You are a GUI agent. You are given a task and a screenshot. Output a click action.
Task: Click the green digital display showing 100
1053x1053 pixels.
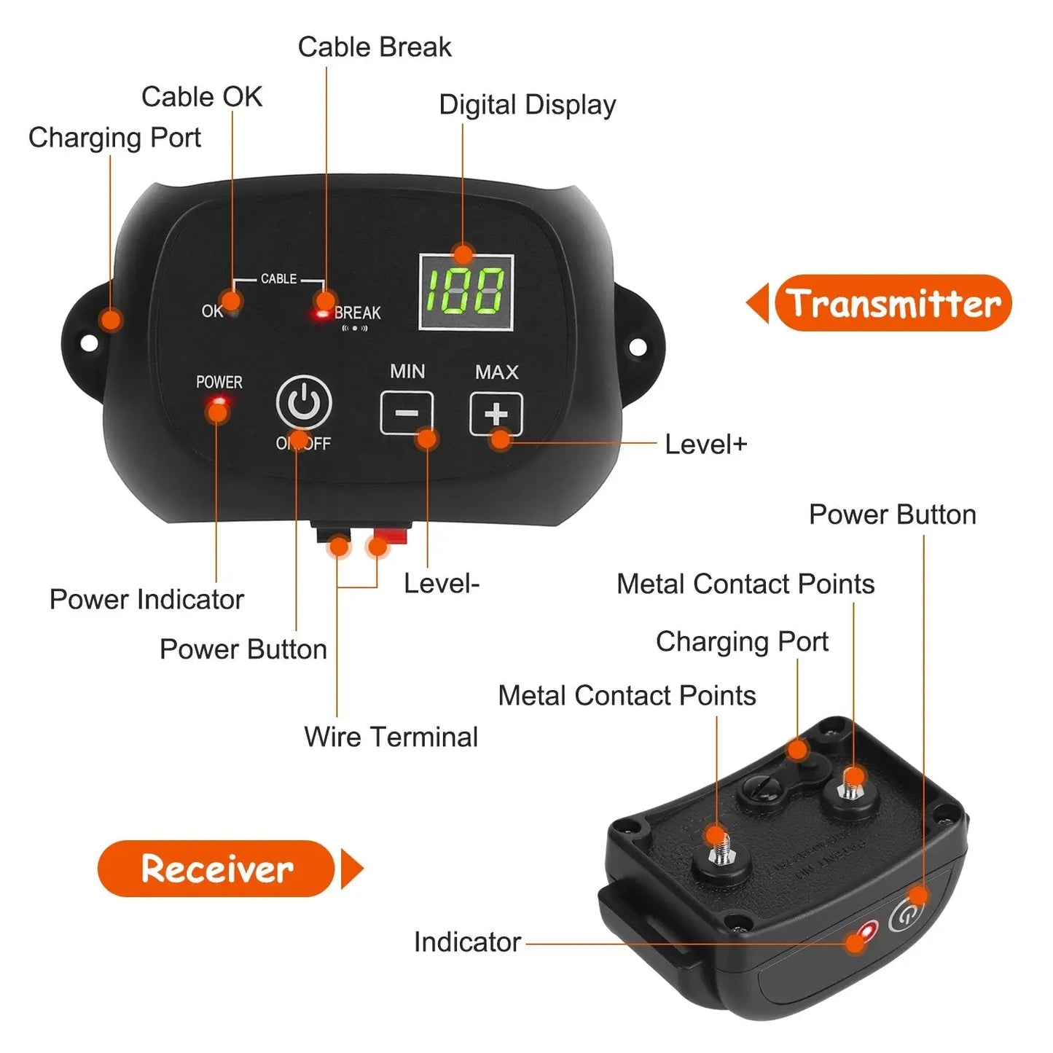click(466, 291)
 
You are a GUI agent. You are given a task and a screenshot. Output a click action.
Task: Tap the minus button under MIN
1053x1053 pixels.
click(407, 413)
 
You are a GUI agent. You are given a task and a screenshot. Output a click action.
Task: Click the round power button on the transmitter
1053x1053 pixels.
click(304, 402)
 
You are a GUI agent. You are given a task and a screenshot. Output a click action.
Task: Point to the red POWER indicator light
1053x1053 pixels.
click(218, 402)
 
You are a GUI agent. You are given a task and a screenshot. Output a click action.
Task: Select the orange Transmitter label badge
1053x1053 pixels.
click(893, 303)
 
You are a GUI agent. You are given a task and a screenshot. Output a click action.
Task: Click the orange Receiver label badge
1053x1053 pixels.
click(216, 869)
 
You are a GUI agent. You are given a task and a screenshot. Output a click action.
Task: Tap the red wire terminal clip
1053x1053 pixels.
click(387, 537)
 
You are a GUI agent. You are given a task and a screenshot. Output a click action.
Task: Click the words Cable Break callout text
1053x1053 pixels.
click(375, 47)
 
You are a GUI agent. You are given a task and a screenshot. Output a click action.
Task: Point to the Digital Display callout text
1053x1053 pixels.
click(527, 105)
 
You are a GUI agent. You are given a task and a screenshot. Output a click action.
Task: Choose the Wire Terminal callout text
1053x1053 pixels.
click(391, 737)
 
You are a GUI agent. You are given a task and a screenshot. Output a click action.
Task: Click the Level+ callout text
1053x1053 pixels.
click(705, 445)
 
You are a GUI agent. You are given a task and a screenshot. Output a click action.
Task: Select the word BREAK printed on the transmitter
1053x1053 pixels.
click(357, 313)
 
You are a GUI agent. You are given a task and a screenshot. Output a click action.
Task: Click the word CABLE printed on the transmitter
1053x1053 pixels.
click(278, 279)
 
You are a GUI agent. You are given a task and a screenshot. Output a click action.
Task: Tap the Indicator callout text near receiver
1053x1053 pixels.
click(467, 942)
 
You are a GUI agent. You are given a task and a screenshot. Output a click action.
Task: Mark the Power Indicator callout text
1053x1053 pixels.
click(146, 600)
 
